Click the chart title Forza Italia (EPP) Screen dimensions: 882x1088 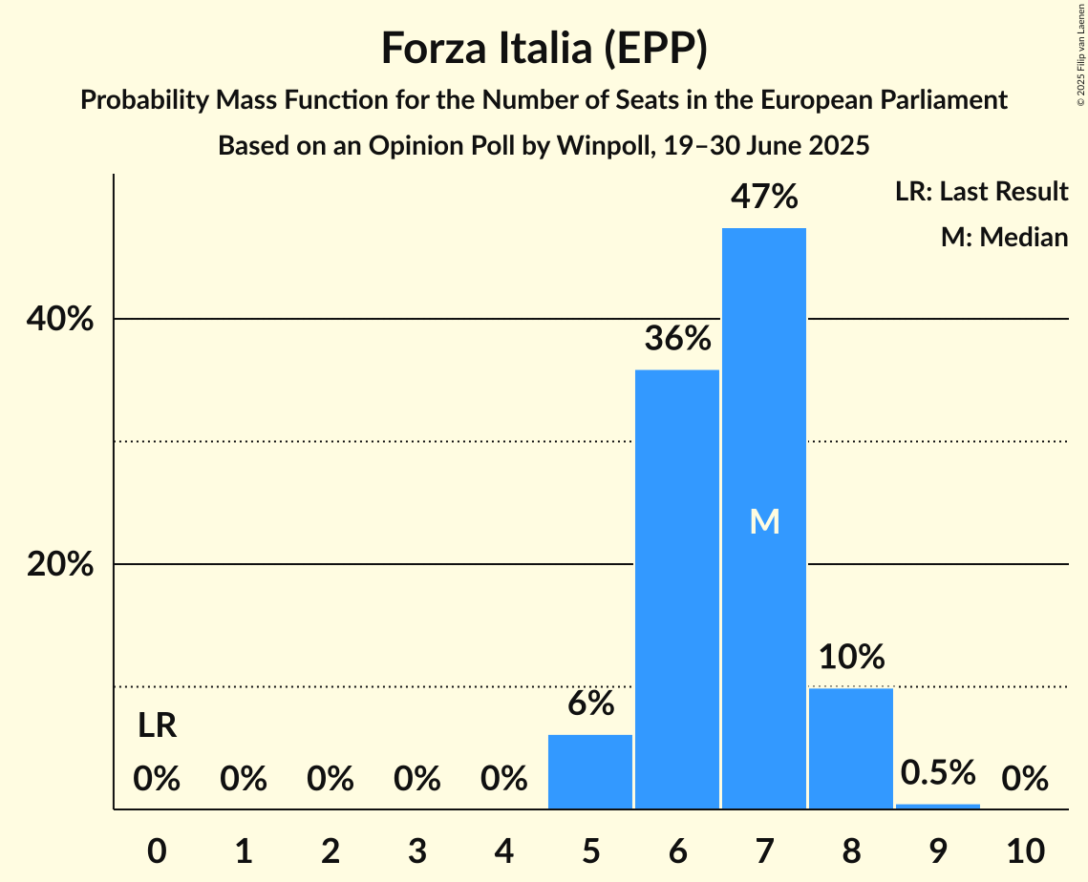coord(544,49)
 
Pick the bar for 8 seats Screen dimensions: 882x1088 coord(850,748)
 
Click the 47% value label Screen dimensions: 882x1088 coord(763,197)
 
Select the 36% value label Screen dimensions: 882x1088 coord(677,338)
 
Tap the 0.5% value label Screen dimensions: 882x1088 coord(937,772)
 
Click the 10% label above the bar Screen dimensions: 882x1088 coord(850,657)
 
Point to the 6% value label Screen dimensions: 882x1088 coord(590,703)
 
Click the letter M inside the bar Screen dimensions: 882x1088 coord(764,521)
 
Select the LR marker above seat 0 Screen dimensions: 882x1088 coord(157,726)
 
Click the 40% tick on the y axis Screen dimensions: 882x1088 coord(59,320)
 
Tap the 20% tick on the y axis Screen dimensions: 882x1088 coord(59,565)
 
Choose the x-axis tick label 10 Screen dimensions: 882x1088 coord(1025,850)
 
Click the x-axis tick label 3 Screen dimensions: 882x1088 coord(416,850)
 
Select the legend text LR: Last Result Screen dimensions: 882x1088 coord(981,192)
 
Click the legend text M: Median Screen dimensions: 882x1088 coord(1004,237)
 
